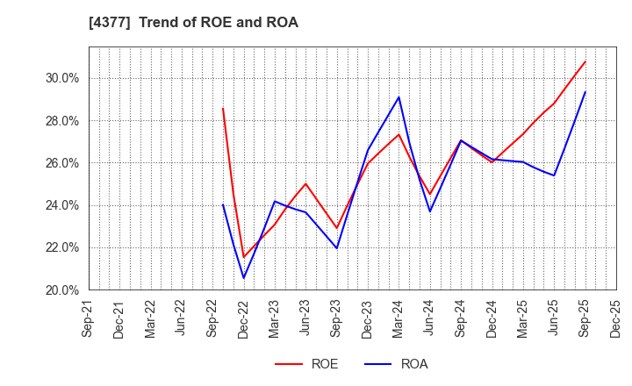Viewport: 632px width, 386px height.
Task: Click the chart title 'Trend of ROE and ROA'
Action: [193, 23]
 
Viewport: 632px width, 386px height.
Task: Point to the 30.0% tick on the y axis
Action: [61, 78]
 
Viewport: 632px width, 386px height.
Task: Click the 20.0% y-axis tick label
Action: [61, 289]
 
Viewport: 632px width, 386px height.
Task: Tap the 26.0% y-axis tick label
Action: [61, 163]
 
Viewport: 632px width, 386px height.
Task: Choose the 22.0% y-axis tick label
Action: [61, 247]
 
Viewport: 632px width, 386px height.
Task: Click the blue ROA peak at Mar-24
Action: [399, 96]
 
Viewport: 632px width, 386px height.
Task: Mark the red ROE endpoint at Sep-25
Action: [585, 61]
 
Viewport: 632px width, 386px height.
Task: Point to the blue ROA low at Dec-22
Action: [244, 278]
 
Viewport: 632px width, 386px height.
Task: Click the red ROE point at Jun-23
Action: [305, 183]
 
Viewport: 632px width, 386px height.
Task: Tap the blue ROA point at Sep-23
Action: [337, 248]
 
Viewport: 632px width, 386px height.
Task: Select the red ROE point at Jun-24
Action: [430, 195]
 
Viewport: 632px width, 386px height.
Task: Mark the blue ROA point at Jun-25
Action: [554, 175]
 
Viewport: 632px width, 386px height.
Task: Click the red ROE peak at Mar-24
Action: [399, 134]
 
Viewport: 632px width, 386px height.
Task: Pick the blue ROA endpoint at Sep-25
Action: [585, 92]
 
